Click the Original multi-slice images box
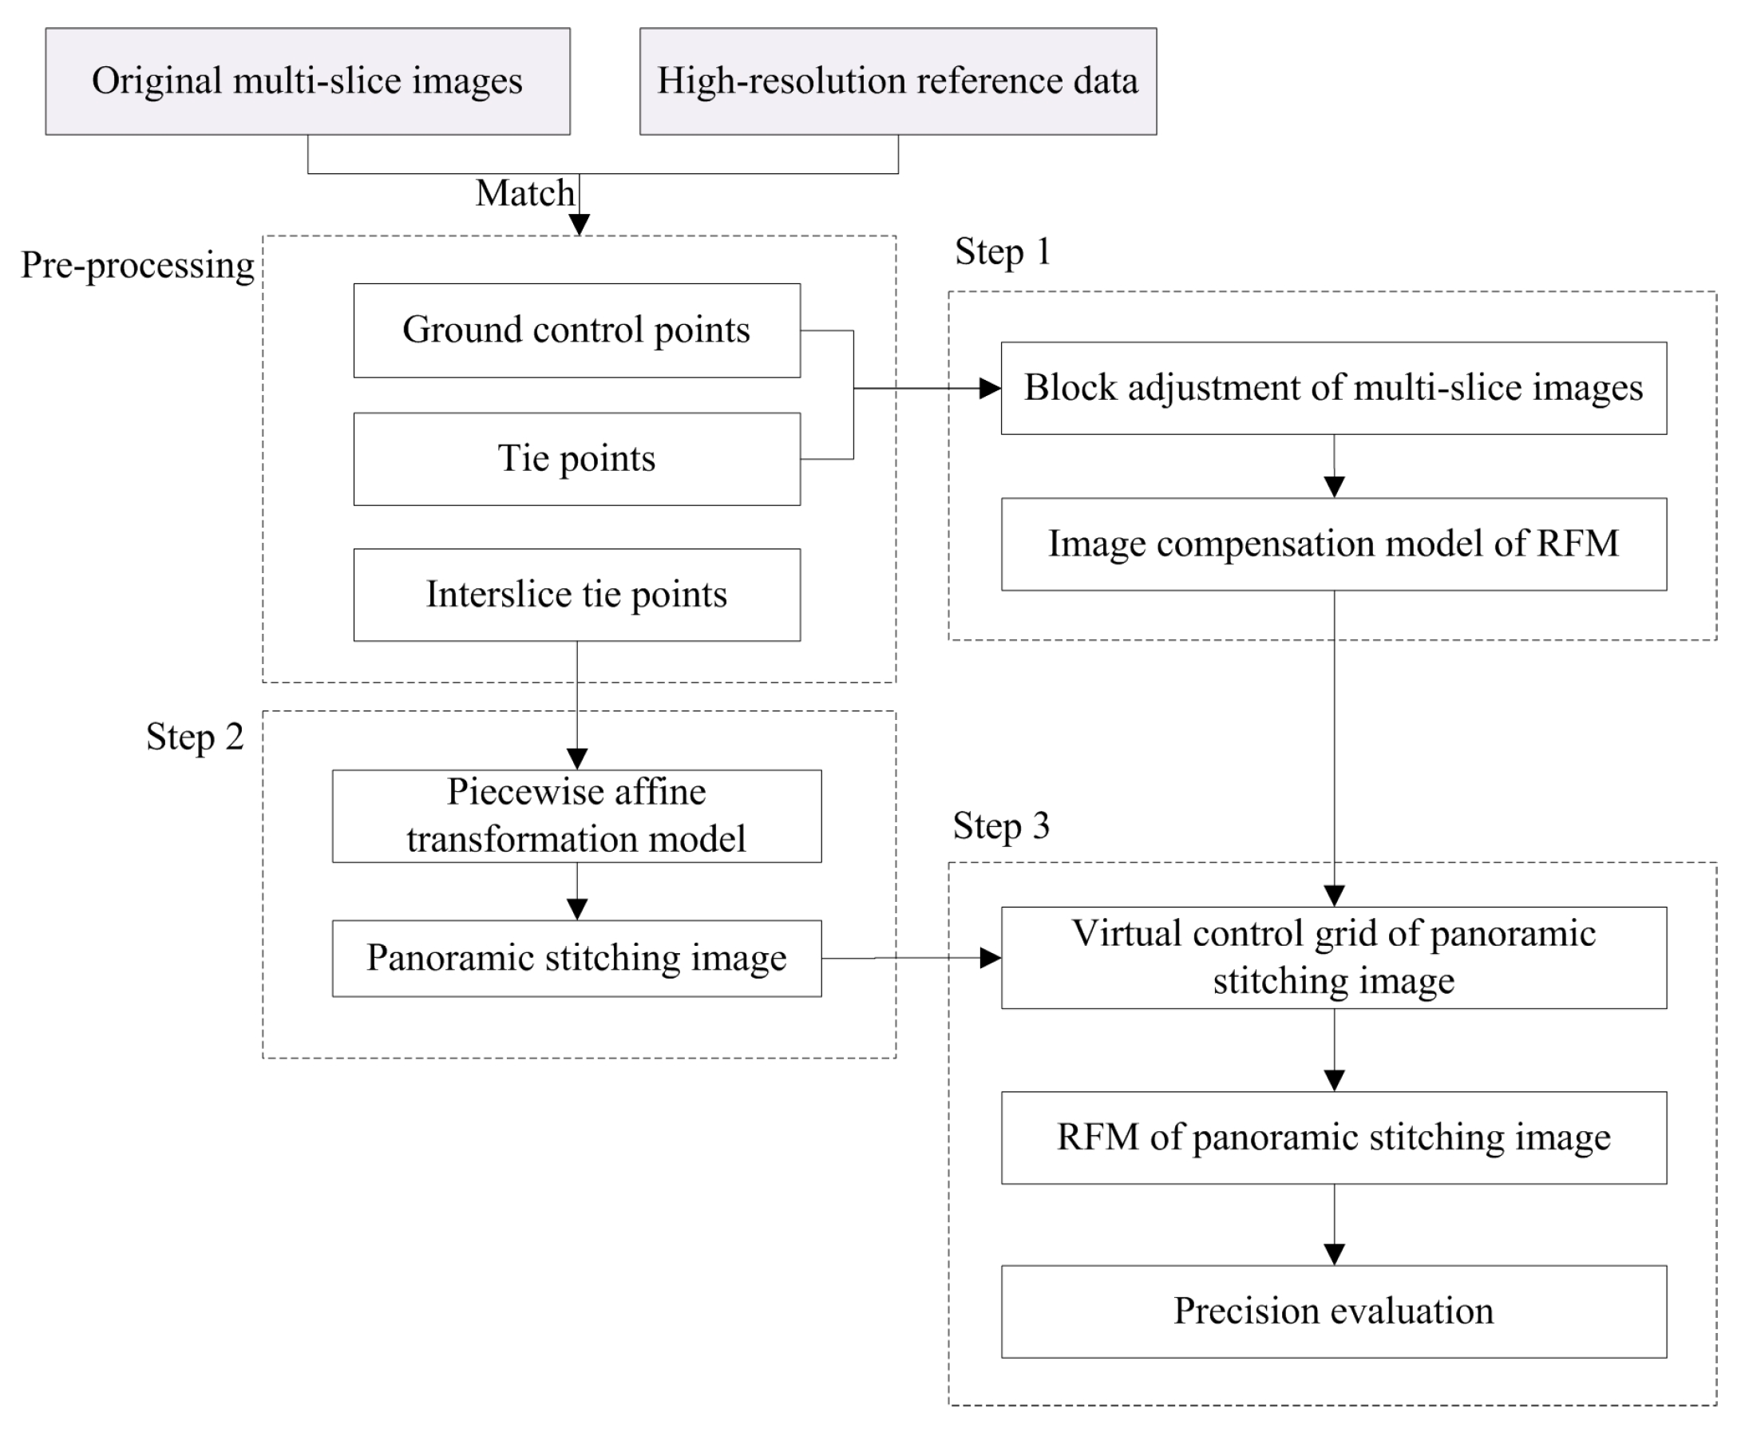[307, 81]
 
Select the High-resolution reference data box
[897, 81]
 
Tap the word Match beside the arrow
[524, 194]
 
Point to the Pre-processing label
[137, 266]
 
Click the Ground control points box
[576, 330]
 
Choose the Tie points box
[576, 459]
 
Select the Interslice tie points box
[576, 595]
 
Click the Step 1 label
[1003, 251]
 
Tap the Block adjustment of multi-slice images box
[1333, 388]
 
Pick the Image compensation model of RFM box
[1333, 544]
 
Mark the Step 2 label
[195, 737]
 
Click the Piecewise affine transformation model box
[576, 816]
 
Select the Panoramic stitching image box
[576, 958]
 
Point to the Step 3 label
[1001, 825]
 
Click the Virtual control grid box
[1333, 957]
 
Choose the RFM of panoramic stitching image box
[1333, 1137]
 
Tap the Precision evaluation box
[1333, 1311]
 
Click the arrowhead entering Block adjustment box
[989, 388]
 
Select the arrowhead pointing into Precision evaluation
[1334, 1254]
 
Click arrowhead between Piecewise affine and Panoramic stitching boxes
[576, 908]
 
